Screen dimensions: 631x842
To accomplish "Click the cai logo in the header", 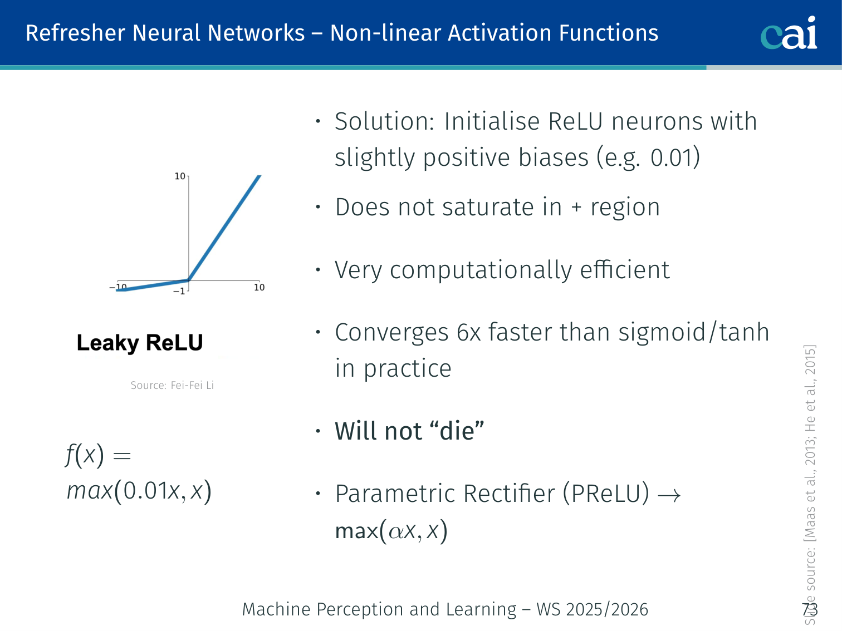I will pyautogui.click(x=789, y=33).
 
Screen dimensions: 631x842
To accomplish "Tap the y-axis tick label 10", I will pyautogui.click(x=180, y=176).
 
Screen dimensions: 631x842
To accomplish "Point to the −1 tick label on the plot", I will pyautogui.click(x=179, y=291).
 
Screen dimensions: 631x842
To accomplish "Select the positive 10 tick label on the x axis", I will pyautogui.click(x=259, y=287).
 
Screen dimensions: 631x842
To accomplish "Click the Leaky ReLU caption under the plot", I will pyautogui.click(x=140, y=343).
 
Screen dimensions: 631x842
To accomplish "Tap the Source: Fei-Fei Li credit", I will pyautogui.click(x=172, y=385).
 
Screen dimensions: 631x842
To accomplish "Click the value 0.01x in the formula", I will pyautogui.click(x=151, y=491).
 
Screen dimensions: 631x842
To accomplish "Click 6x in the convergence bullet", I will pyautogui.click(x=468, y=333).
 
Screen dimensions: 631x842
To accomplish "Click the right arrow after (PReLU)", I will pyautogui.click(x=669, y=495).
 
